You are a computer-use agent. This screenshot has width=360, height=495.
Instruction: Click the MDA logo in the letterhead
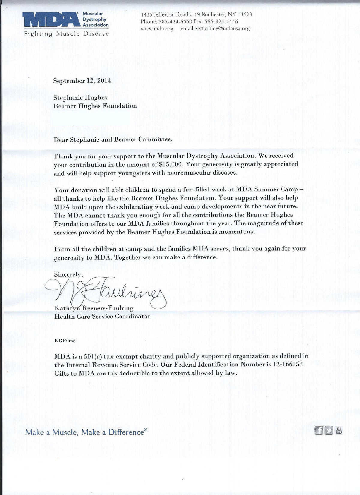[50, 20]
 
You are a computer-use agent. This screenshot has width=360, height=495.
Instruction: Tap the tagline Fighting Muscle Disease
[66, 34]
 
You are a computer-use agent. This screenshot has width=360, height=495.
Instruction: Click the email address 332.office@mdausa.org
[215, 29]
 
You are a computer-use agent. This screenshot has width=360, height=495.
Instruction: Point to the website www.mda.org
[157, 29]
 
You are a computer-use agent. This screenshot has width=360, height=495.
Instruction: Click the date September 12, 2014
[82, 81]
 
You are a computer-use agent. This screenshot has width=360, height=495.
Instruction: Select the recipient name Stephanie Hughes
[80, 97]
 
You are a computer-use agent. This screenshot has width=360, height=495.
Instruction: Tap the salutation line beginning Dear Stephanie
[113, 139]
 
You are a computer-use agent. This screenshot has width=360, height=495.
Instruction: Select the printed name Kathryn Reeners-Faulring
[94, 308]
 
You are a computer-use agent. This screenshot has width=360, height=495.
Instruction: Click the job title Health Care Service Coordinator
[102, 316]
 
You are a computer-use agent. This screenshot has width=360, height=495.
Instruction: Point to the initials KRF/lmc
[64, 341]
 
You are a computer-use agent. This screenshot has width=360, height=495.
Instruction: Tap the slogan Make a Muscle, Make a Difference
[86, 432]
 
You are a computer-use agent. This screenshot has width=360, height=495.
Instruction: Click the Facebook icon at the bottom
[319, 430]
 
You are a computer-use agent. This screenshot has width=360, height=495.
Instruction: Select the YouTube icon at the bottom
[339, 430]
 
